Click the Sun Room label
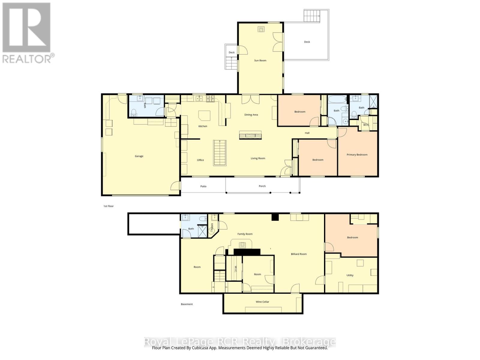coord(260,60)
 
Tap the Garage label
coord(139,156)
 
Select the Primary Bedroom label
coord(357,155)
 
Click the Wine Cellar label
coord(262,302)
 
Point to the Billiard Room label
coord(299,254)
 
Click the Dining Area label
coord(251,115)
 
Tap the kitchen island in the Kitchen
coord(204,115)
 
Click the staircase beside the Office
coord(220,153)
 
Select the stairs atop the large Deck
coord(312,16)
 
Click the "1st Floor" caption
coord(109,206)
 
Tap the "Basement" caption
coord(187,304)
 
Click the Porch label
coord(262,186)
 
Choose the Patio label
coord(203,186)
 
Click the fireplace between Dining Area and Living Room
coord(250,135)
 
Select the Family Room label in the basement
coord(245,234)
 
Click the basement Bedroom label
coord(352,238)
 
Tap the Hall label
coord(307,133)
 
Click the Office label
coord(200,160)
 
